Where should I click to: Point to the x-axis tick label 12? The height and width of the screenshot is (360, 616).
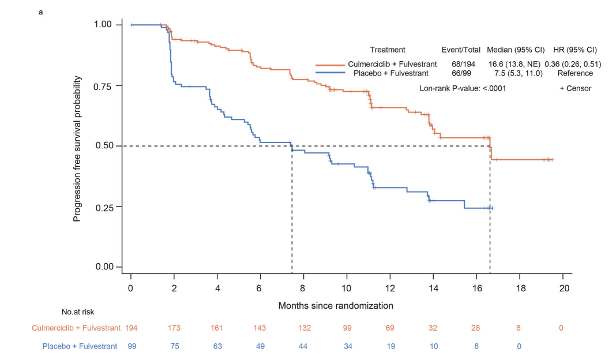[x=390, y=288]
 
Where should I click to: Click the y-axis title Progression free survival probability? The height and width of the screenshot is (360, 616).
[x=77, y=149]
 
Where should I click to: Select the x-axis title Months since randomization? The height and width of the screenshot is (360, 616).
[x=336, y=305]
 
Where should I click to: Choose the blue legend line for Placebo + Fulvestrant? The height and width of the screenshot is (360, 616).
[x=330, y=73]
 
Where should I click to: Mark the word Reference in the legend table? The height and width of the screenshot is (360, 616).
[x=575, y=73]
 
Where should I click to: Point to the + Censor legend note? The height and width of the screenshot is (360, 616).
[x=575, y=88]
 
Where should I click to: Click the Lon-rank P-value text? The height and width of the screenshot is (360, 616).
[x=455, y=88]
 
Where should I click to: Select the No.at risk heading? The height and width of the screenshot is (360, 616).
[x=78, y=312]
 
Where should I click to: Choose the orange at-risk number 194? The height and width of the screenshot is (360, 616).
[x=132, y=328]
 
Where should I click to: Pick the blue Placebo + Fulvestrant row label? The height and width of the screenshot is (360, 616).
[x=80, y=346]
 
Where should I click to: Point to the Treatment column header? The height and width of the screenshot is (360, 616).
[x=388, y=50]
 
